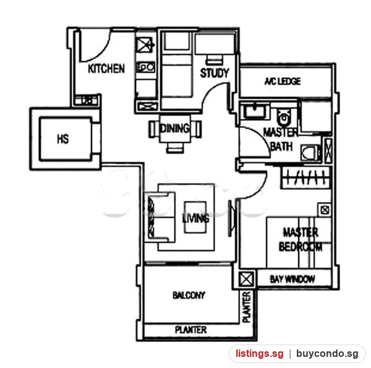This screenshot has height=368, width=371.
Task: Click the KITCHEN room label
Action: click(106, 69)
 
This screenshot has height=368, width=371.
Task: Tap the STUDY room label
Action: click(215, 73)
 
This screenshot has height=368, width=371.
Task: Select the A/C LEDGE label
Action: click(283, 82)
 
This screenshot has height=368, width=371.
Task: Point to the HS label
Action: click(63, 139)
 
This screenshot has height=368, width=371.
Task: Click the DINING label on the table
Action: click(174, 128)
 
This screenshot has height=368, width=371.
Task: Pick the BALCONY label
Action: click(189, 295)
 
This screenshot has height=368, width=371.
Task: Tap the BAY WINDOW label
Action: click(292, 279)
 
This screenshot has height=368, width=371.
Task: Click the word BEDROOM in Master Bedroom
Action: click(301, 247)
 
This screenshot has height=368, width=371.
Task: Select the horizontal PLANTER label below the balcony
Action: click(190, 330)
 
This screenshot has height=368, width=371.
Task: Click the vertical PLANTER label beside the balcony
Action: click(247, 307)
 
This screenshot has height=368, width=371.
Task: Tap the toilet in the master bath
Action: click(283, 117)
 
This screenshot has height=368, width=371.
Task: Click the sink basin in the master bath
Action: click(255, 111)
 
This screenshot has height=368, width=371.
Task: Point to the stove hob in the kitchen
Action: click(146, 67)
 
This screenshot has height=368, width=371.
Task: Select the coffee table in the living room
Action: click(195, 217)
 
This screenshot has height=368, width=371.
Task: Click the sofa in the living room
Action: click(160, 217)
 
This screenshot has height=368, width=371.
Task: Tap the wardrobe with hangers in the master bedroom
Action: click(305, 178)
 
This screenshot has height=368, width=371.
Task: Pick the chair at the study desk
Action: click(214, 59)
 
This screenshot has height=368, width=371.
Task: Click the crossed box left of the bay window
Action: click(246, 280)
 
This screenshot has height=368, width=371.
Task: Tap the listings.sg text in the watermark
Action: click(259, 354)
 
